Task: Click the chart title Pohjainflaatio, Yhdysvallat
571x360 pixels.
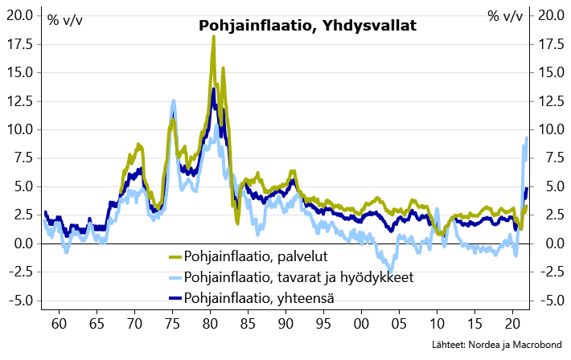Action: [307, 26]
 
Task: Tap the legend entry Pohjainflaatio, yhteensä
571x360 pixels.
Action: [259, 298]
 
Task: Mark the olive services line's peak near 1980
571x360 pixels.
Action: [213, 37]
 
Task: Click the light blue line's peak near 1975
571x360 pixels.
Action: [173, 101]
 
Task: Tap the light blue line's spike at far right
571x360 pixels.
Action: [527, 138]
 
